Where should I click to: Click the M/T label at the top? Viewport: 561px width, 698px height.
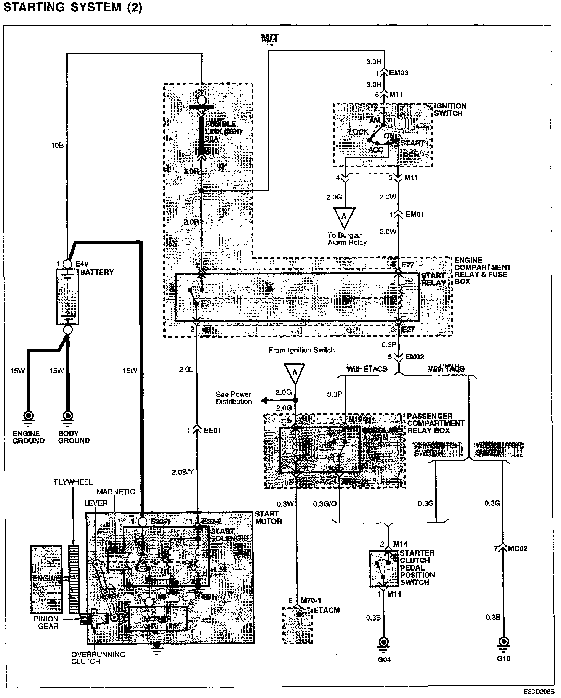[x=270, y=38]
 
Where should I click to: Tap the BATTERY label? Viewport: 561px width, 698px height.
[x=97, y=272]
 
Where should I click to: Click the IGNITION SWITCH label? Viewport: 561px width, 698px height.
[x=450, y=109]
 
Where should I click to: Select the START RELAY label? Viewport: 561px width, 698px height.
[x=433, y=279]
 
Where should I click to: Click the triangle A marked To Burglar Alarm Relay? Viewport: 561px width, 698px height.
[x=344, y=217]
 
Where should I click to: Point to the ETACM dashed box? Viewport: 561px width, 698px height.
[x=297, y=626]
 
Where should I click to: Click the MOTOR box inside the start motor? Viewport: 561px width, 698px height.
[x=158, y=619]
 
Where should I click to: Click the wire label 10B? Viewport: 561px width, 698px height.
[x=58, y=145]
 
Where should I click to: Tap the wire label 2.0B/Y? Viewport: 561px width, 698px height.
[x=183, y=472]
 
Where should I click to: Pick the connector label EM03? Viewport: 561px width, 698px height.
[x=399, y=72]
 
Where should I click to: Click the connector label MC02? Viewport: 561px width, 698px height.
[x=518, y=549]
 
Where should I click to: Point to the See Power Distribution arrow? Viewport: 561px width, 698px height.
[x=264, y=400]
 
